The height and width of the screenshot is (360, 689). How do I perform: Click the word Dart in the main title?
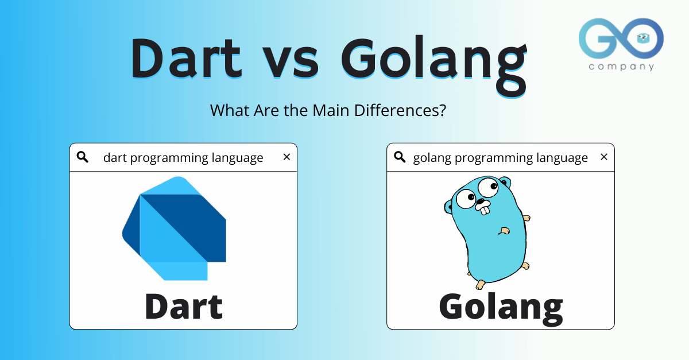coord(186,59)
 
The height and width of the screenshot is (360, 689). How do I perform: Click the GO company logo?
coord(621,39)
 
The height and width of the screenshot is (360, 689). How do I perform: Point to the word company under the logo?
coord(621,67)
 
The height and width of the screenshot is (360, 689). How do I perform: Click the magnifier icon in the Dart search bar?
coord(83,157)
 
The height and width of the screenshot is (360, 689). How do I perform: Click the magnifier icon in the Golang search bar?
coord(400,157)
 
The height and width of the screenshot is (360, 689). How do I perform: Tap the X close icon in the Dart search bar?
coord(287,157)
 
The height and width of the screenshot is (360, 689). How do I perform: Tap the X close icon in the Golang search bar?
coord(603,157)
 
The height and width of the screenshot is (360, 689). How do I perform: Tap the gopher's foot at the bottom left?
coord(479,284)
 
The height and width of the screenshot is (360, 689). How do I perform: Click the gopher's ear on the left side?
coord(450,204)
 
